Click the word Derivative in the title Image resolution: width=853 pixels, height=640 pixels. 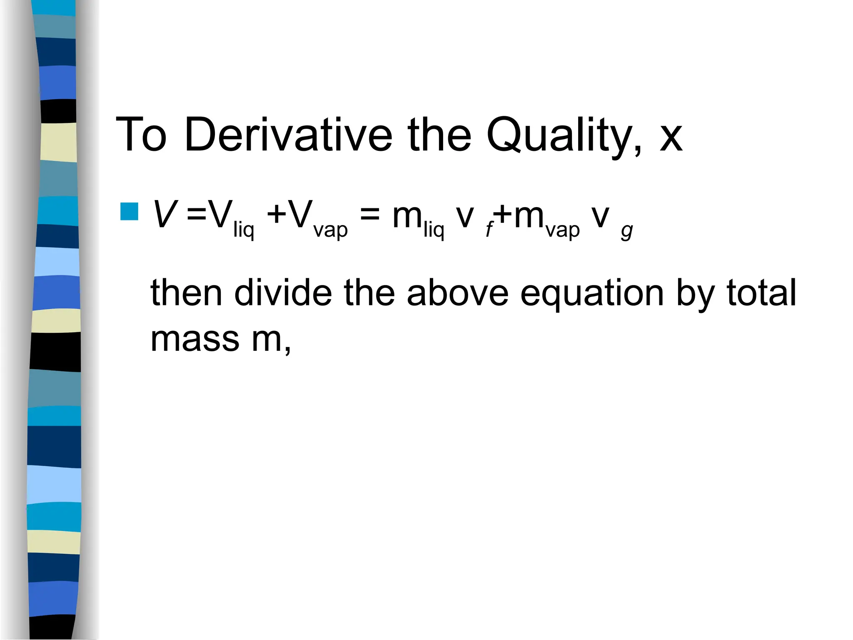click(x=288, y=135)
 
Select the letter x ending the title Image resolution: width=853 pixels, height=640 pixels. click(x=671, y=137)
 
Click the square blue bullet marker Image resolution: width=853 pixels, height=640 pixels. click(x=129, y=211)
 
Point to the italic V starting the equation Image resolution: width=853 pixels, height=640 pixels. click(x=165, y=214)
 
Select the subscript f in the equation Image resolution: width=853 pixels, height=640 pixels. click(x=489, y=230)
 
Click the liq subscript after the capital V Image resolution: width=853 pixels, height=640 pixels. click(x=243, y=230)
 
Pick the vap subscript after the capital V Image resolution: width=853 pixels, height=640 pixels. click(x=330, y=230)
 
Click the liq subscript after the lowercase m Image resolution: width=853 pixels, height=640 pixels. click(x=434, y=230)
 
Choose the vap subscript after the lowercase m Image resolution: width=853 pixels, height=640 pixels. click(x=562, y=230)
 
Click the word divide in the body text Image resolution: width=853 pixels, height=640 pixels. click(x=283, y=292)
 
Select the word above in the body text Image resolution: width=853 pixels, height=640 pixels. click(x=457, y=292)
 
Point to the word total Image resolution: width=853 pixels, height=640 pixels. click(x=761, y=292)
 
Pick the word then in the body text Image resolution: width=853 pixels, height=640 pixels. click(x=186, y=292)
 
